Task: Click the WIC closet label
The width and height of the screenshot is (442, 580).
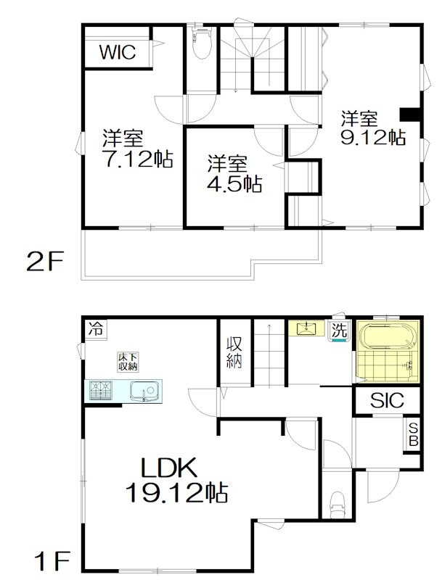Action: click(117, 52)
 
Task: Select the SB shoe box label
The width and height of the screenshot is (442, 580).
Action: click(412, 434)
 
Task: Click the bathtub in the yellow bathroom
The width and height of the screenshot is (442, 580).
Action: click(389, 339)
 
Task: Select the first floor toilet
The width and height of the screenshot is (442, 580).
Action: click(336, 502)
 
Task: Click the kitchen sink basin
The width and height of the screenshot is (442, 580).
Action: click(142, 391)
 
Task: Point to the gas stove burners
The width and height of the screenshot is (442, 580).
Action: click(101, 391)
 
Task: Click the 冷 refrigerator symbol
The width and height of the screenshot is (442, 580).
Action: click(95, 328)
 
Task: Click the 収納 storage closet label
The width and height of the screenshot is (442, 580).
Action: click(234, 352)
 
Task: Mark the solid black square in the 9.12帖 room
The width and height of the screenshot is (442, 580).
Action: click(410, 114)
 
